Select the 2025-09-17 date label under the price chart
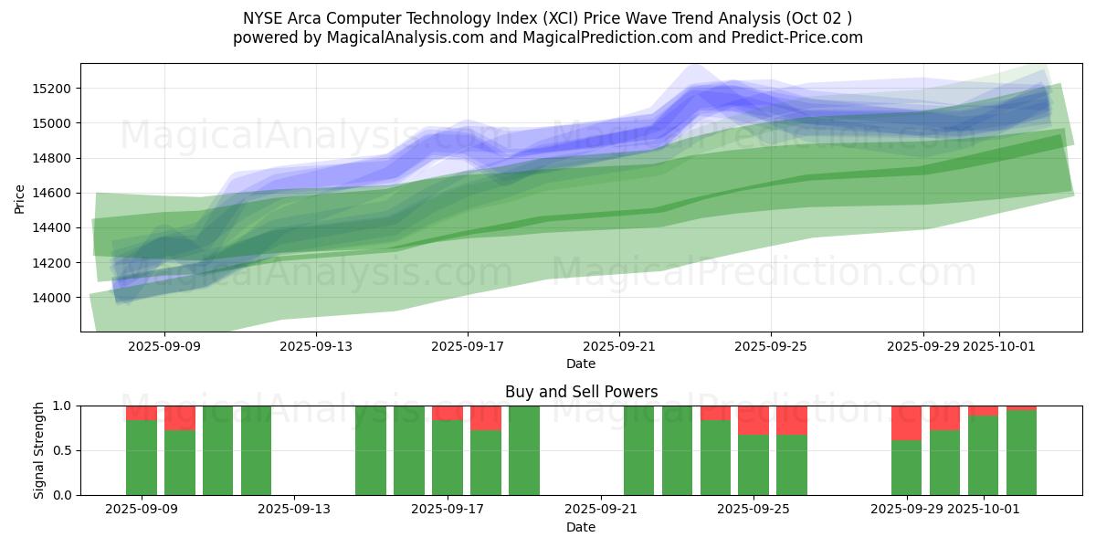pos(468,346)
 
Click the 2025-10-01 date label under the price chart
pos(999,346)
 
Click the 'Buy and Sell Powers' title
pos(581,392)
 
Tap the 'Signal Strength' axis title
pos(38,450)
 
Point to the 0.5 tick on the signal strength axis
pos(64,450)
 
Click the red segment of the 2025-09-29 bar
pos(906,422)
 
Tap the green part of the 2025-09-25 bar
pos(753,465)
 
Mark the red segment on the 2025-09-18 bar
pos(486,417)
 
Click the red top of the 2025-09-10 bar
pos(180,417)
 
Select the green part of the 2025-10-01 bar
pos(983,456)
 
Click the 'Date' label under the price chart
pos(581,364)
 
